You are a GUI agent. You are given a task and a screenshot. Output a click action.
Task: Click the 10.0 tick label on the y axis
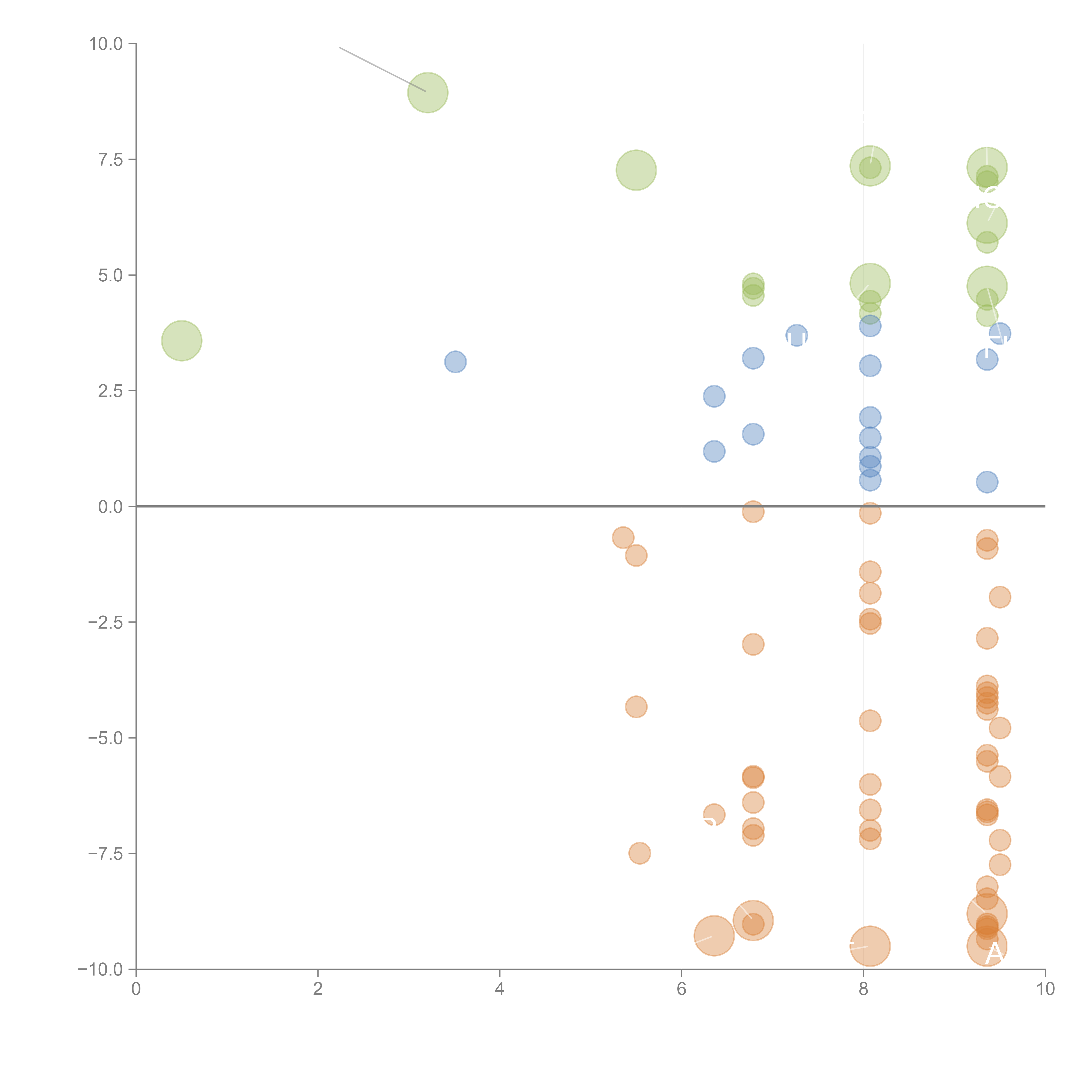pyautogui.click(x=106, y=44)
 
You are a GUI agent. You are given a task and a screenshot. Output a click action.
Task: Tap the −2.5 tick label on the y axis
pyautogui.click(x=106, y=622)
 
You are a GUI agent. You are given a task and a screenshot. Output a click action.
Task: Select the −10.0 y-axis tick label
pyautogui.click(x=101, y=969)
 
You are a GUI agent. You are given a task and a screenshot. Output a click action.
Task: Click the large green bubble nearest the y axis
pyautogui.click(x=181, y=340)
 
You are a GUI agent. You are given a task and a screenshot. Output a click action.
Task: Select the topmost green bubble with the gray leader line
pyautogui.click(x=428, y=92)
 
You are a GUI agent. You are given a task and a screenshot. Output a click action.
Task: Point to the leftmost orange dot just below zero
pyautogui.click(x=623, y=538)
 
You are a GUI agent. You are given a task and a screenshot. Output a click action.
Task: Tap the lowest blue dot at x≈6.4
pyautogui.click(x=714, y=451)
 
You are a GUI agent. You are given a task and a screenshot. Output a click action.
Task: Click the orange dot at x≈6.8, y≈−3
pyautogui.click(x=753, y=644)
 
